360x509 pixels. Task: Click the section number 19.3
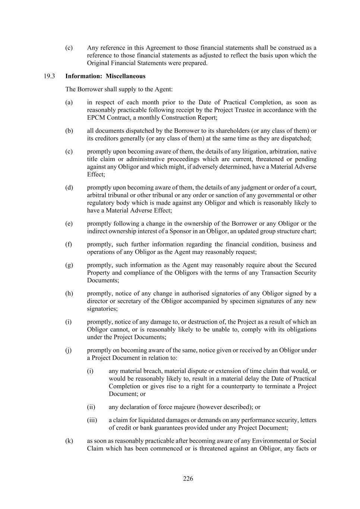click(x=49, y=76)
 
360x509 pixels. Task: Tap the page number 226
click(x=188, y=479)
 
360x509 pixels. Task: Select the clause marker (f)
click(x=69, y=244)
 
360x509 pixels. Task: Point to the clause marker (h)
click(x=69, y=293)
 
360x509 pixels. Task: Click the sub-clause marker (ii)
click(x=91, y=407)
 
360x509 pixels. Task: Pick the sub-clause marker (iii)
click(x=92, y=420)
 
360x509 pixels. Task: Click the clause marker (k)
click(x=69, y=441)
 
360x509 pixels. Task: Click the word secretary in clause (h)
click(x=129, y=301)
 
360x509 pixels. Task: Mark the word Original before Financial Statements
click(x=98, y=63)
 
